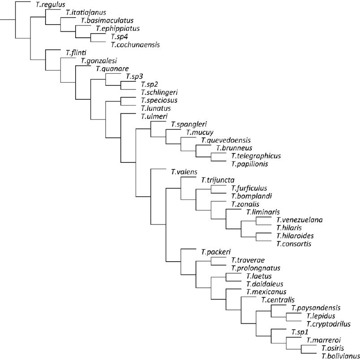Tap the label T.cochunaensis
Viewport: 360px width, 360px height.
coord(135,44)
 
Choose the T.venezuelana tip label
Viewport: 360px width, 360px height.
coord(299,220)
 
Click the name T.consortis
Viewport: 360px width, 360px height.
coord(293,244)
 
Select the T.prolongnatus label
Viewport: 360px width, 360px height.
coord(256,268)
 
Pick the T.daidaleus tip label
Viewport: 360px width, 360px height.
coord(265,284)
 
